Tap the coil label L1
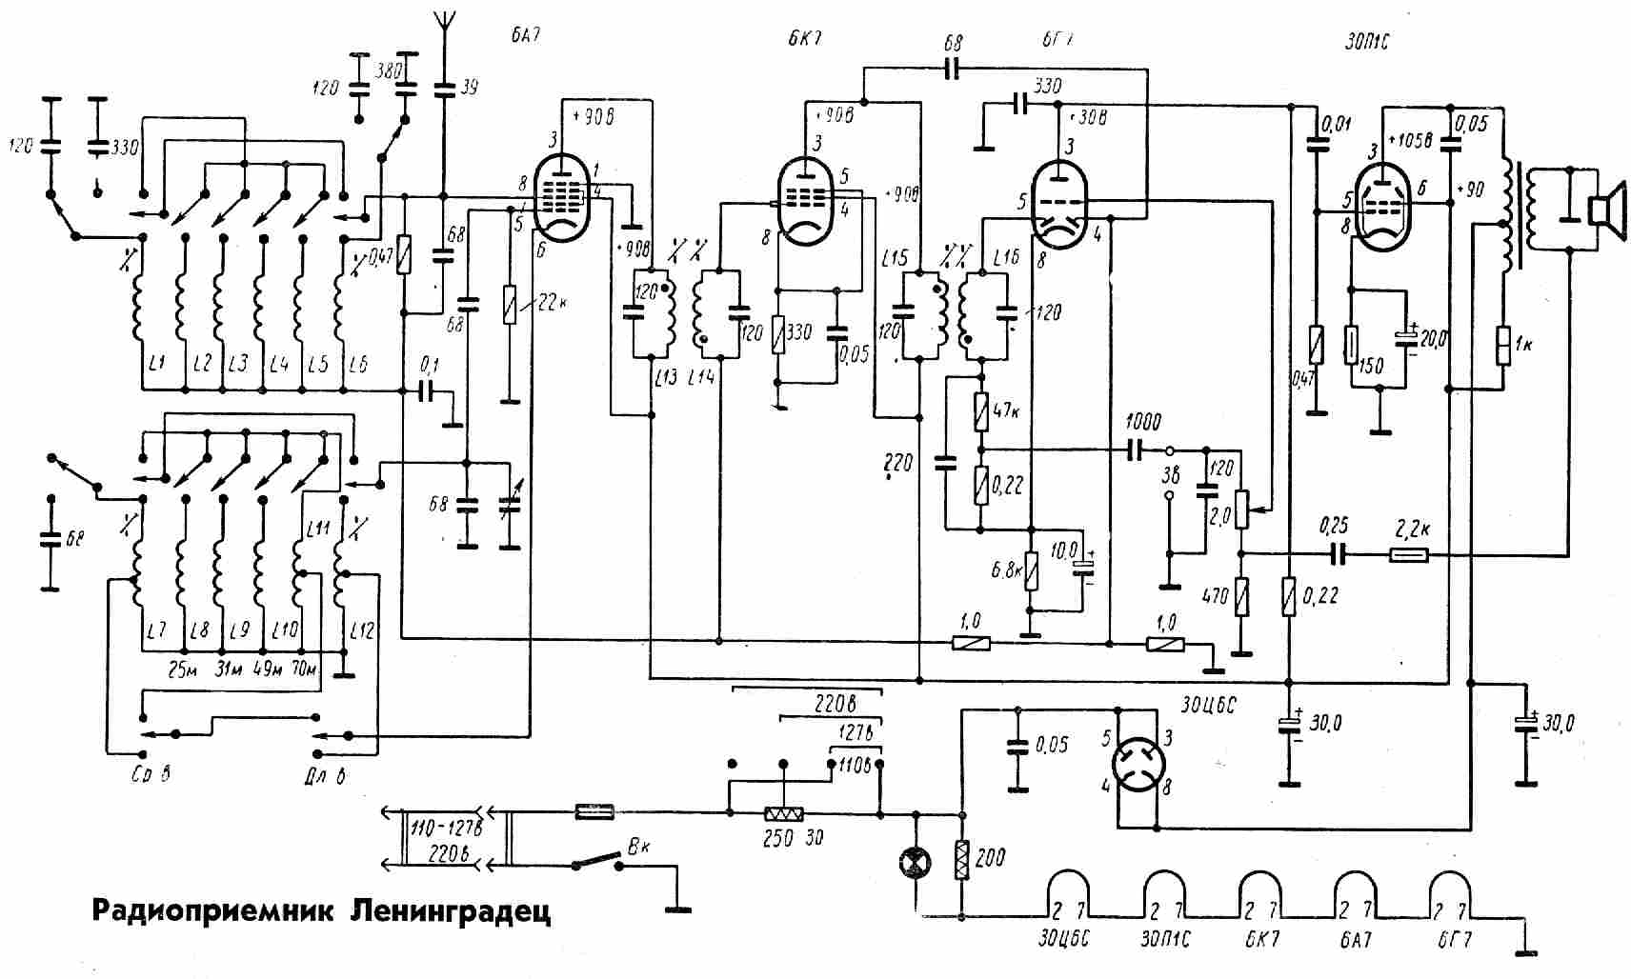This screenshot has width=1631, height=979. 157,364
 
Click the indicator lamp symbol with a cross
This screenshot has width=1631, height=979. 916,863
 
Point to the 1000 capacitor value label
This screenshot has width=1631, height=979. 1143,422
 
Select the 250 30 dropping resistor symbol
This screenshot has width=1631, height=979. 784,814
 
